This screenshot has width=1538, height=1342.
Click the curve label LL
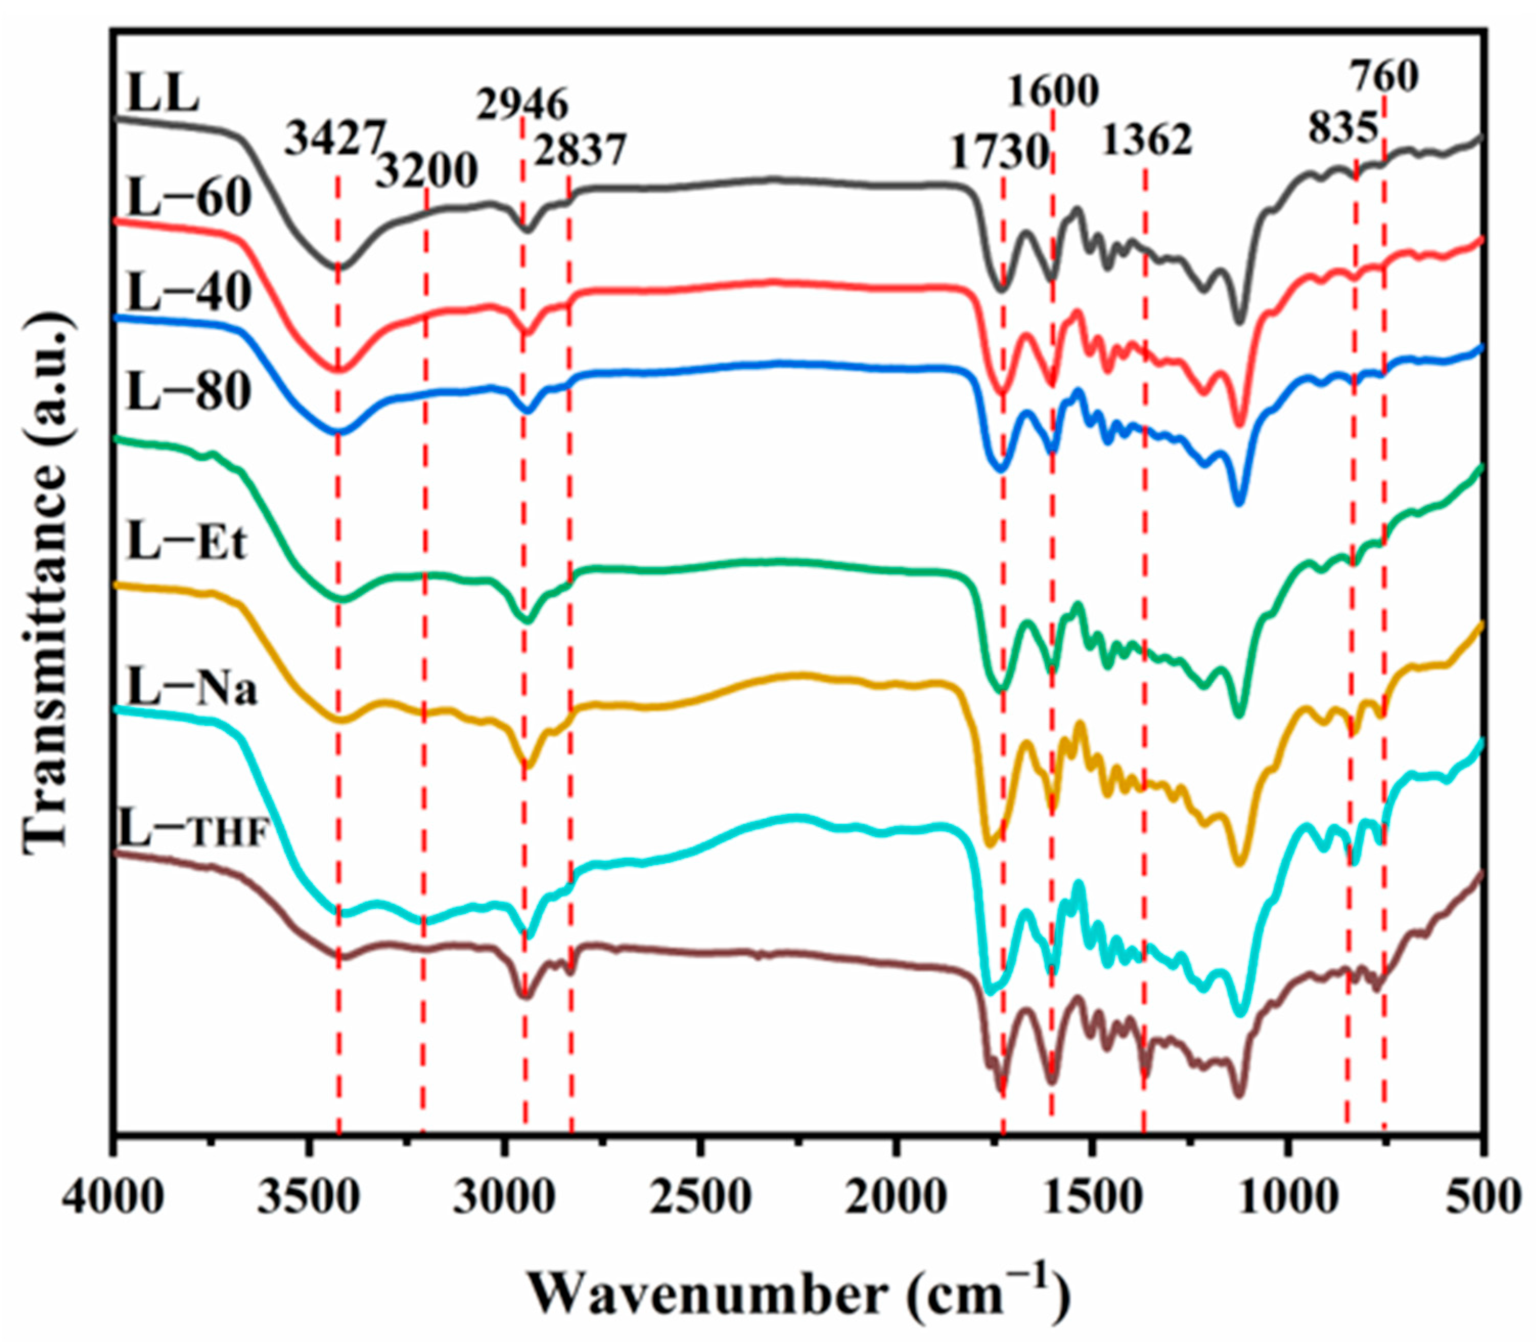[x=163, y=95]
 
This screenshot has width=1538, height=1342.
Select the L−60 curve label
[x=189, y=198]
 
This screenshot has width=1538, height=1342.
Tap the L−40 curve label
[x=189, y=293]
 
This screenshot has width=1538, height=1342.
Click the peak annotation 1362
[x=1146, y=139]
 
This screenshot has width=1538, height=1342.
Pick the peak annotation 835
[x=1343, y=127]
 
